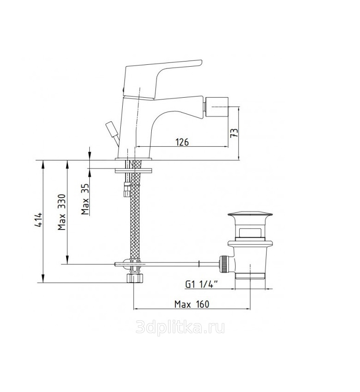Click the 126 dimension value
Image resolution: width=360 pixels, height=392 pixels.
point(182,142)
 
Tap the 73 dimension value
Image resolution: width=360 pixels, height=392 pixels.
point(234,133)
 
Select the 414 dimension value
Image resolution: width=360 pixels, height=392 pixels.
point(39,220)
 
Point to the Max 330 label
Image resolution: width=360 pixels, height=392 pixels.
point(62,212)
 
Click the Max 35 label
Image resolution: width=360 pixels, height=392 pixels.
point(85,199)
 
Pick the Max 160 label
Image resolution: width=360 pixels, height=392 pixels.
point(192,304)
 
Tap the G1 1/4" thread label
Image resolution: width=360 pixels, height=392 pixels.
point(202,284)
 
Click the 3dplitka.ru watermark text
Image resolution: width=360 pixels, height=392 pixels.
point(180,327)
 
